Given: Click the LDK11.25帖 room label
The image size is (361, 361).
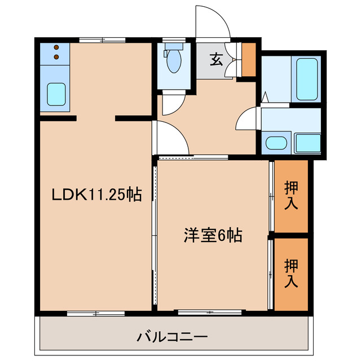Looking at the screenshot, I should pyautogui.click(x=96, y=195).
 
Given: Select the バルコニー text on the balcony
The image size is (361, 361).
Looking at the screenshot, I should pyautogui.click(x=173, y=337).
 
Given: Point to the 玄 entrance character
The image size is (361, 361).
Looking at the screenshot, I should pyautogui.click(x=216, y=59).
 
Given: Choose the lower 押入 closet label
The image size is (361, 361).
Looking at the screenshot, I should pyautogui.click(x=291, y=273).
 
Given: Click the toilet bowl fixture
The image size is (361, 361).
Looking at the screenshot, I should pyautogui.click(x=174, y=61).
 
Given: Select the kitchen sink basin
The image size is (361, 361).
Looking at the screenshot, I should pyautogui.click(x=55, y=94).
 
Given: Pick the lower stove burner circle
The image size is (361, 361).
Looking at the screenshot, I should pyautogui.click(x=56, y=56).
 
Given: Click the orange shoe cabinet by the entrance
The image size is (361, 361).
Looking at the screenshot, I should pyautogui.click(x=248, y=59).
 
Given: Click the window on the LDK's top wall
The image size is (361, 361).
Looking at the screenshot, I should pyautogui.click(x=102, y=39).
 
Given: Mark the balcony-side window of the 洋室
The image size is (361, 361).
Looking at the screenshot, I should pyautogui.click(x=210, y=311).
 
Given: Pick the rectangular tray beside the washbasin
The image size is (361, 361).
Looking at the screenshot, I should pyautogui.click(x=307, y=143).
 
